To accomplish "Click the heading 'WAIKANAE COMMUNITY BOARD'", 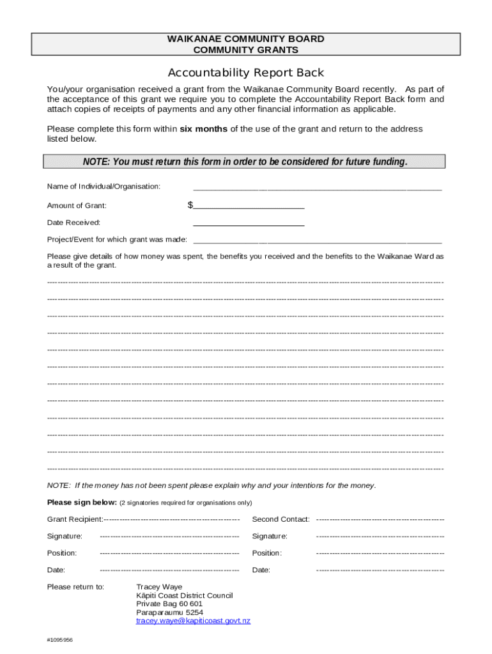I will click(x=245, y=39).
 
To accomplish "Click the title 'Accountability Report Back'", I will click(x=245, y=73).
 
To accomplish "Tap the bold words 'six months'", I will click(x=203, y=129).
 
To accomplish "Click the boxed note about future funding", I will click(x=244, y=162).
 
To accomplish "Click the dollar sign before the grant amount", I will click(x=190, y=205).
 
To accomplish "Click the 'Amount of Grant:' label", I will click(x=77, y=206).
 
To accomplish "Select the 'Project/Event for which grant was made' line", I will click(x=317, y=241).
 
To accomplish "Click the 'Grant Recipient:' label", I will click(x=75, y=519).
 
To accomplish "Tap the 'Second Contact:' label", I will click(x=281, y=519).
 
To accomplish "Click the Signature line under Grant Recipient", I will click(x=169, y=536).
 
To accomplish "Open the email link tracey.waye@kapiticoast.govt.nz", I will click(x=193, y=621).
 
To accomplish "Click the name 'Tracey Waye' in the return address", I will click(x=159, y=587).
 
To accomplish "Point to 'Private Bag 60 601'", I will click(x=169, y=604).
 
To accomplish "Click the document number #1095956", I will click(x=60, y=640).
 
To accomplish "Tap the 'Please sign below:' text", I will click(x=82, y=502).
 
